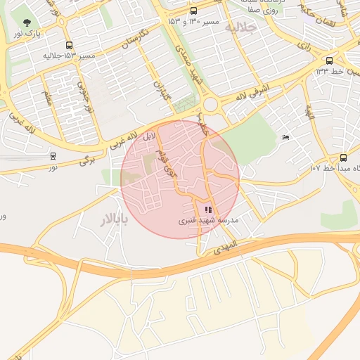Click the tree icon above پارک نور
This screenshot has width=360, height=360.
27,23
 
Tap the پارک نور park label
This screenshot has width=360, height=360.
28,33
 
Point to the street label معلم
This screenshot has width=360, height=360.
48,98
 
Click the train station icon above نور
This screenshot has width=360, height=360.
53,155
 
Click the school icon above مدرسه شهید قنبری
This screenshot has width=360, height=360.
207,210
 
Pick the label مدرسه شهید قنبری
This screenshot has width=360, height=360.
207,220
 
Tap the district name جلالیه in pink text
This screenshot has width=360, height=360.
261,26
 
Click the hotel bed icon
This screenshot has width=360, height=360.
285,136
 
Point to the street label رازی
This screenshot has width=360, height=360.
304,45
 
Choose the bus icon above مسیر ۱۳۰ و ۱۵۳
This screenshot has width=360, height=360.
193,11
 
